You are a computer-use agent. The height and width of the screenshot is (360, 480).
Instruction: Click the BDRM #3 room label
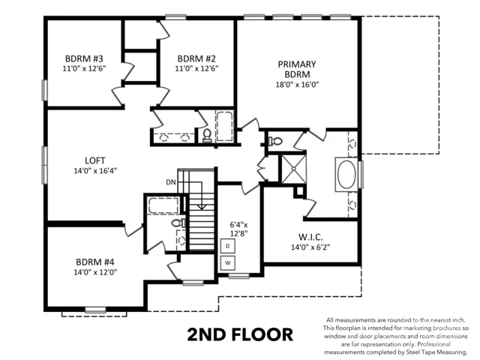[x=84, y=58]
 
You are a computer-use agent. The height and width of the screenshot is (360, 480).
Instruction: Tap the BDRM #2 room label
[x=196, y=58]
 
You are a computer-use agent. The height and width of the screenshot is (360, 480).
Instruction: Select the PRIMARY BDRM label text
[x=297, y=69]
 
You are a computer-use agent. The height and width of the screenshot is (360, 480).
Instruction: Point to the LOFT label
[x=95, y=160]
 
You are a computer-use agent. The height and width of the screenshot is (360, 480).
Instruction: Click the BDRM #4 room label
[x=95, y=262]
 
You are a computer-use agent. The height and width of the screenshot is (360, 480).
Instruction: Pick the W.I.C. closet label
[x=310, y=237]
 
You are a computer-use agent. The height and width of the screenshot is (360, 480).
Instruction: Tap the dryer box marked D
[x=228, y=246]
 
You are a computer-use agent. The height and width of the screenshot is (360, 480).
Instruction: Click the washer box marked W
[x=228, y=263]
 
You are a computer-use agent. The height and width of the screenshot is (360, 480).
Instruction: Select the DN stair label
[x=171, y=182]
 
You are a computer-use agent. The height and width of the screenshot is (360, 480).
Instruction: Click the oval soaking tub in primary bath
[x=346, y=175]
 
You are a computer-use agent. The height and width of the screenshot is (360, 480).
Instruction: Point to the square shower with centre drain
[x=293, y=169]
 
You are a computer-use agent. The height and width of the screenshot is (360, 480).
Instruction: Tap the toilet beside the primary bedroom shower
[x=275, y=142]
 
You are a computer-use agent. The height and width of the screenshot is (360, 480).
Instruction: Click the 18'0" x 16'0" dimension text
[x=297, y=85]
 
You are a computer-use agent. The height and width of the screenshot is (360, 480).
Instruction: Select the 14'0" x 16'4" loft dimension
[x=95, y=171]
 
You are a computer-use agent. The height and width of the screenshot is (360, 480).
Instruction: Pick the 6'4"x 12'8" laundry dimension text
[x=238, y=229]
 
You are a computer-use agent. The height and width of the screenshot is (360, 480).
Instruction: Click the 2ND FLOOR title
[x=240, y=334]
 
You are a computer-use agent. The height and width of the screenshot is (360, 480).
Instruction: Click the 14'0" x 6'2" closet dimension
[x=310, y=247]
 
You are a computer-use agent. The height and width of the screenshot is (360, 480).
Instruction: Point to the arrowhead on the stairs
[x=202, y=207]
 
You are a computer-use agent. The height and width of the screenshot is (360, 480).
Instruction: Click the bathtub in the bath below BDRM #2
[x=225, y=127]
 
